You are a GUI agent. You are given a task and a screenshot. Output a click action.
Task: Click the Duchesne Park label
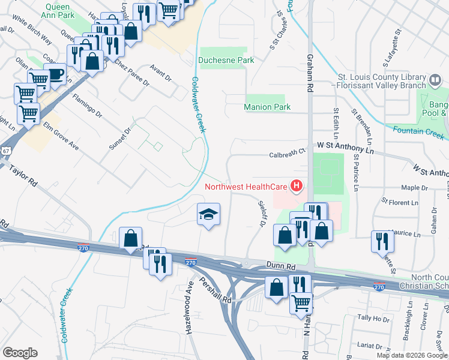(x=226, y=60)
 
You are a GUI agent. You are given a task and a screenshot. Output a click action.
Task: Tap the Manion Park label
(x=267, y=107)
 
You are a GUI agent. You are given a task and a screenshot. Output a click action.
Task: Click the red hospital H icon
(x=296, y=187)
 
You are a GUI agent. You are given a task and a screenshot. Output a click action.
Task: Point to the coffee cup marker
(x=55, y=74)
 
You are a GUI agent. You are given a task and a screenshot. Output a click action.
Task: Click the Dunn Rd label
(x=281, y=265)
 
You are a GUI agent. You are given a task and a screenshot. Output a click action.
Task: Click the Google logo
(x=20, y=353)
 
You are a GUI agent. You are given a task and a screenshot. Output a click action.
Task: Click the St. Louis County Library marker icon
(x=435, y=80)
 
